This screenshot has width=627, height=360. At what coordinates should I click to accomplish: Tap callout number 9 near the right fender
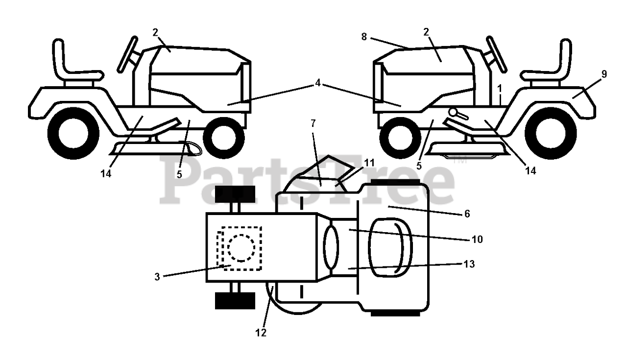pyautogui.click(x=603, y=74)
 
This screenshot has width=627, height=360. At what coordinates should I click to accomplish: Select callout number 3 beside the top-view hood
pyautogui.click(x=157, y=277)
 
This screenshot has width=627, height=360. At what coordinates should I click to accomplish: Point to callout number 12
pyautogui.click(x=261, y=333)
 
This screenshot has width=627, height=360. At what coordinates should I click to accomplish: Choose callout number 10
pyautogui.click(x=477, y=240)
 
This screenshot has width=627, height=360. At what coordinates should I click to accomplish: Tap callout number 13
pyautogui.click(x=469, y=264)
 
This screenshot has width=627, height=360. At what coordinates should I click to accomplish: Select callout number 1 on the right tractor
pyautogui.click(x=499, y=88)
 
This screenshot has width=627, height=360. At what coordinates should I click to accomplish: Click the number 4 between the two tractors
pyautogui.click(x=318, y=83)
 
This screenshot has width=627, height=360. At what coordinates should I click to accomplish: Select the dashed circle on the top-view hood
pyautogui.click(x=241, y=248)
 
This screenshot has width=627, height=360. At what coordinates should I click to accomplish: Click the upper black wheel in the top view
pyautogui.click(x=235, y=195)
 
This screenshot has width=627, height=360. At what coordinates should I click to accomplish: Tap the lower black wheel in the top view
pyautogui.click(x=235, y=300)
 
